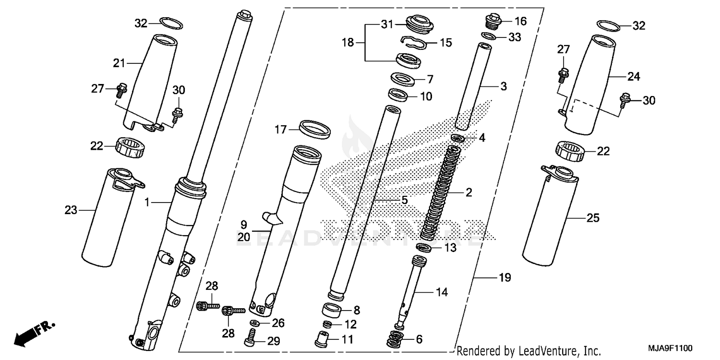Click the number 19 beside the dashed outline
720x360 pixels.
(x=505, y=277)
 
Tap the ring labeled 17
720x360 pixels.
(x=314, y=129)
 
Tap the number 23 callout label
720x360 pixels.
(x=71, y=210)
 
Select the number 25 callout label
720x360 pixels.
(x=593, y=218)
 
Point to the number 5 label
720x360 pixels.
(x=404, y=199)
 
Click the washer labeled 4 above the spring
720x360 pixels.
(x=457, y=139)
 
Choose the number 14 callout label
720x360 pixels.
(x=442, y=292)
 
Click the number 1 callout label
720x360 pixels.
(x=148, y=203)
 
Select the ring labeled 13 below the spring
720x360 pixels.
(x=423, y=248)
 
